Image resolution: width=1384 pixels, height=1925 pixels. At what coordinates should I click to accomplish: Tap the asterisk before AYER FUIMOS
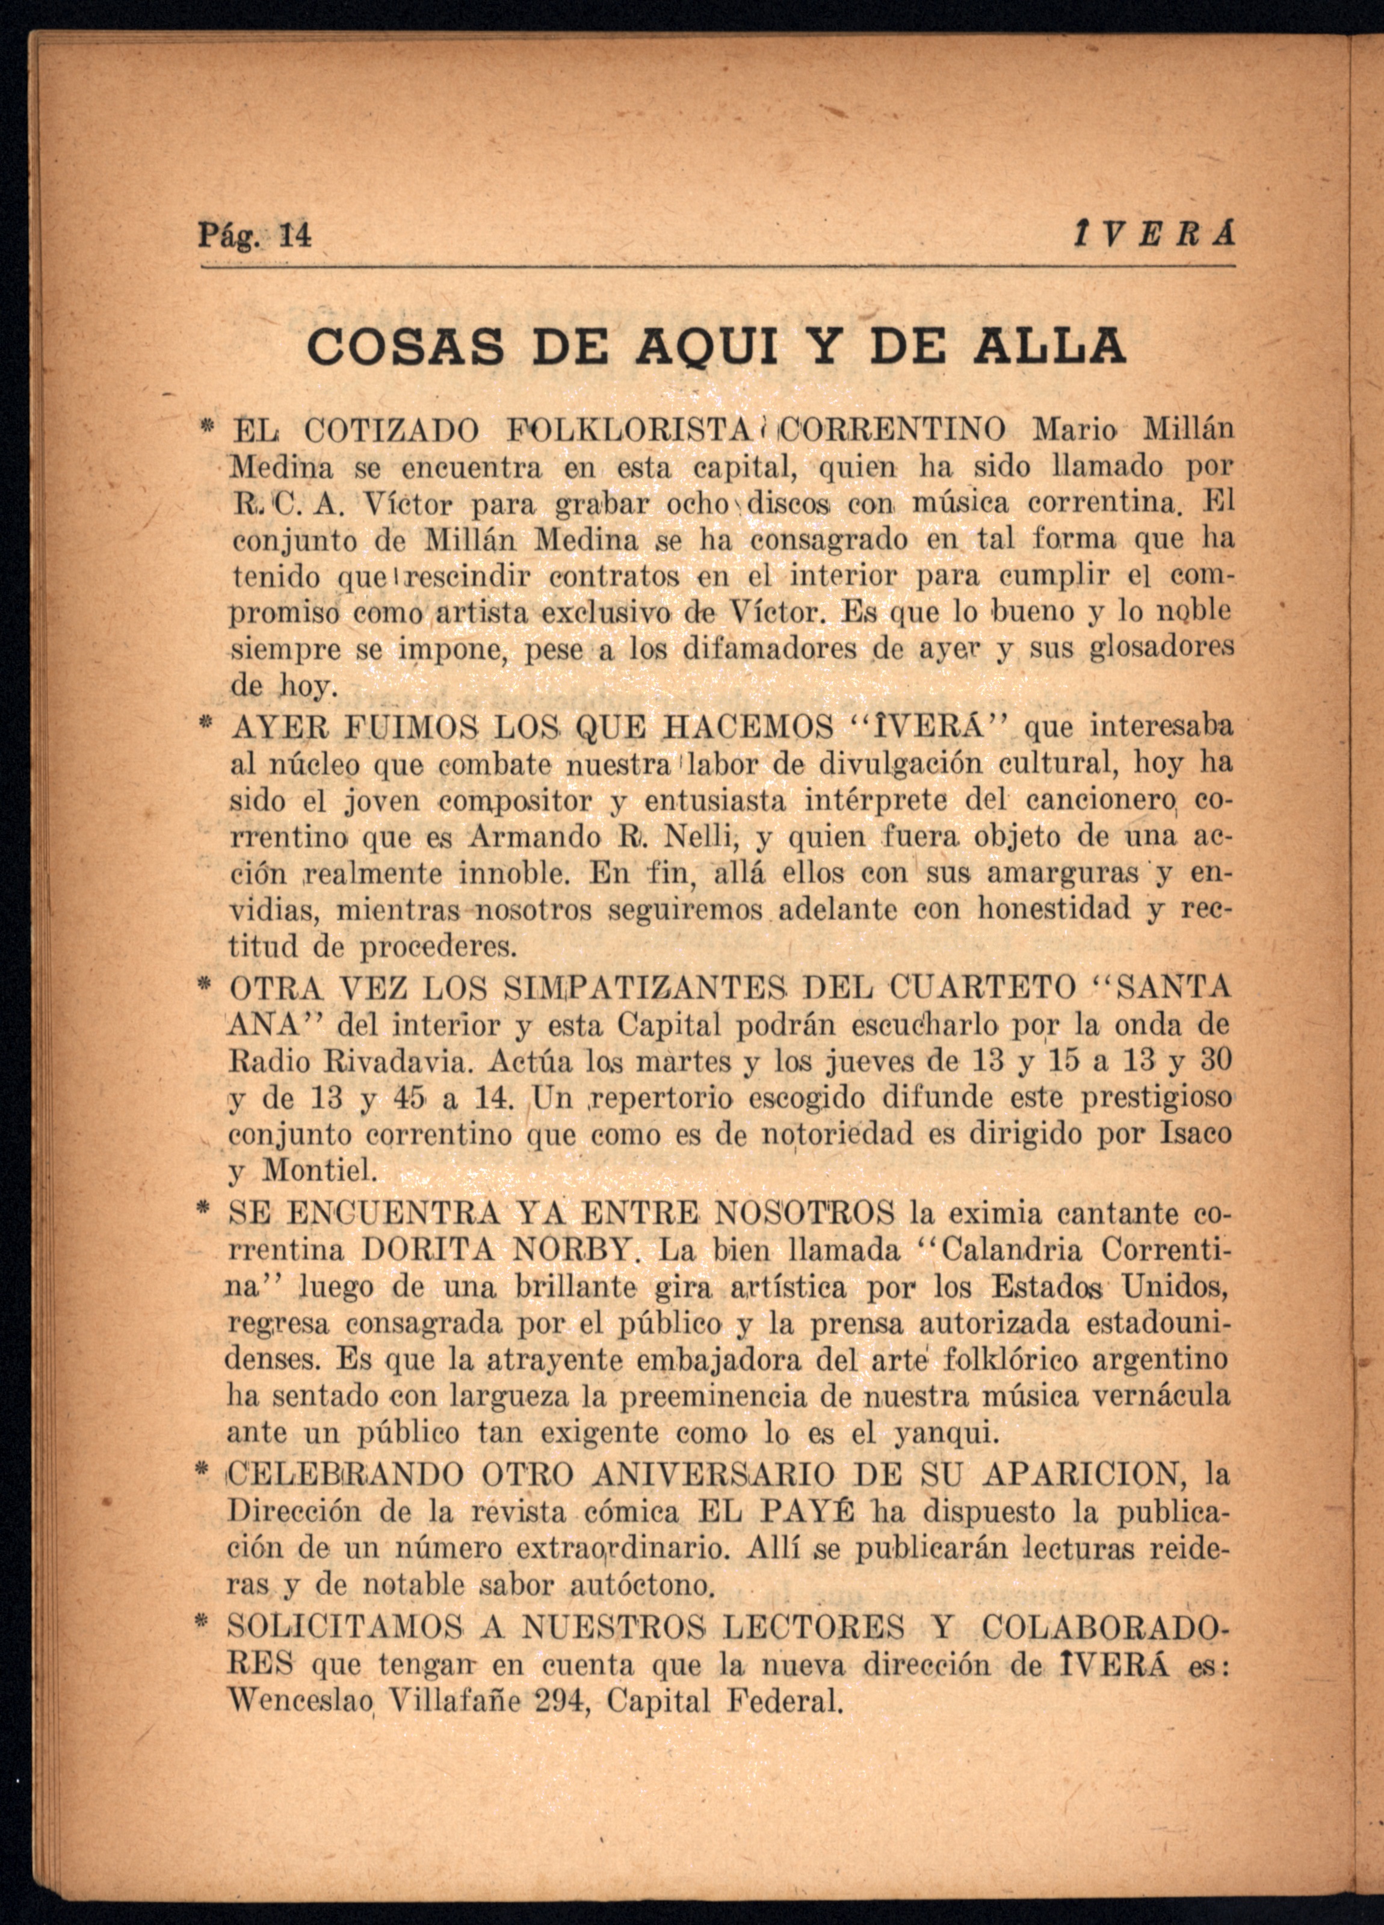pos(205,725)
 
